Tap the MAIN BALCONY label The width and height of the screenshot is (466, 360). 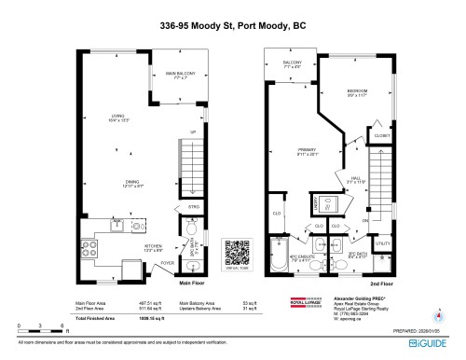coord(177,75)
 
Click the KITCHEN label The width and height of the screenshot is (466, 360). coord(128,247)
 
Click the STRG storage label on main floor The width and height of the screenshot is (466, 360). coord(194,206)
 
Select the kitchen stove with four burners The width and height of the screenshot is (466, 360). coord(92,249)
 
